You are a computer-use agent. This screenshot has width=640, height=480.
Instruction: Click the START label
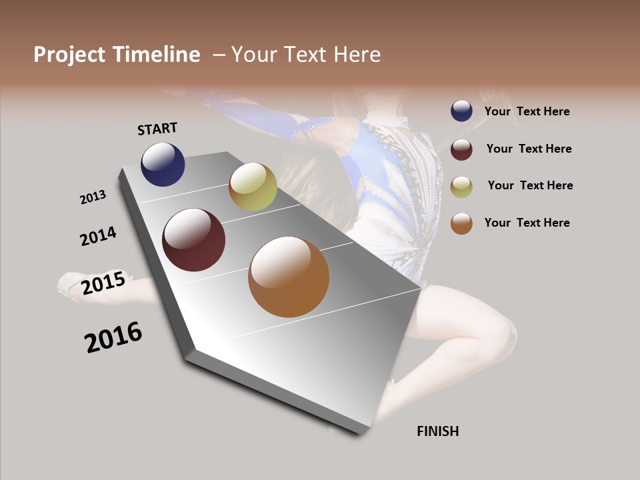click(157, 129)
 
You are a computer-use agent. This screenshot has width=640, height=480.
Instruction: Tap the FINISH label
click(437, 431)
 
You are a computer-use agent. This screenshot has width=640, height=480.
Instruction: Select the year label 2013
click(93, 197)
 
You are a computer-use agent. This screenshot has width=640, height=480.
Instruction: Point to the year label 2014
click(98, 236)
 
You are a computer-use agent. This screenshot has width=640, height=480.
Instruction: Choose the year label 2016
click(113, 337)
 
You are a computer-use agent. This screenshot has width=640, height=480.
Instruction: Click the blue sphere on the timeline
click(163, 165)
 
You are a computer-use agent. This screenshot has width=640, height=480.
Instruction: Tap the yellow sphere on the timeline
click(253, 187)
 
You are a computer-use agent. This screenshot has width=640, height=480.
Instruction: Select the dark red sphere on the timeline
click(193, 240)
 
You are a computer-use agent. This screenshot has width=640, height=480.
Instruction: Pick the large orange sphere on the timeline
click(289, 277)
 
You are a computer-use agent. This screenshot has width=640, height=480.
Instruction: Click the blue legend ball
click(461, 111)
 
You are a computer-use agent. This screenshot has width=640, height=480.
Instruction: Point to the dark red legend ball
click(461, 149)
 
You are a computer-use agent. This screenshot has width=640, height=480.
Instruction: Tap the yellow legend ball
click(461, 187)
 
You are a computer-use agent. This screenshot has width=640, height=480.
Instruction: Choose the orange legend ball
click(461, 223)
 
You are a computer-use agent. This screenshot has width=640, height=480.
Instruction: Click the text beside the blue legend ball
click(527, 112)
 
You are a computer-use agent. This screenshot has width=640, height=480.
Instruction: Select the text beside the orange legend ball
click(527, 223)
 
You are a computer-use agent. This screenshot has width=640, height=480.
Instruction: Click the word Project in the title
click(69, 55)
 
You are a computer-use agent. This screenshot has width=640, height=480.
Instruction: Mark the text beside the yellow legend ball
click(530, 185)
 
